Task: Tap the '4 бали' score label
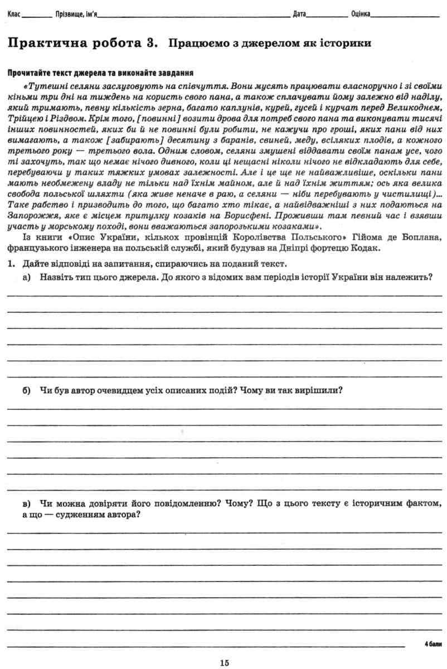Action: [x=433, y=644]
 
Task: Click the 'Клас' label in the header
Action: [x=15, y=13]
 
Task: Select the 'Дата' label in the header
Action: [x=299, y=13]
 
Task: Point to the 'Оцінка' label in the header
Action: [x=361, y=13]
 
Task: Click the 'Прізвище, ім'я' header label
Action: [x=76, y=13]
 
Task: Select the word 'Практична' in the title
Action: [x=44, y=42]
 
